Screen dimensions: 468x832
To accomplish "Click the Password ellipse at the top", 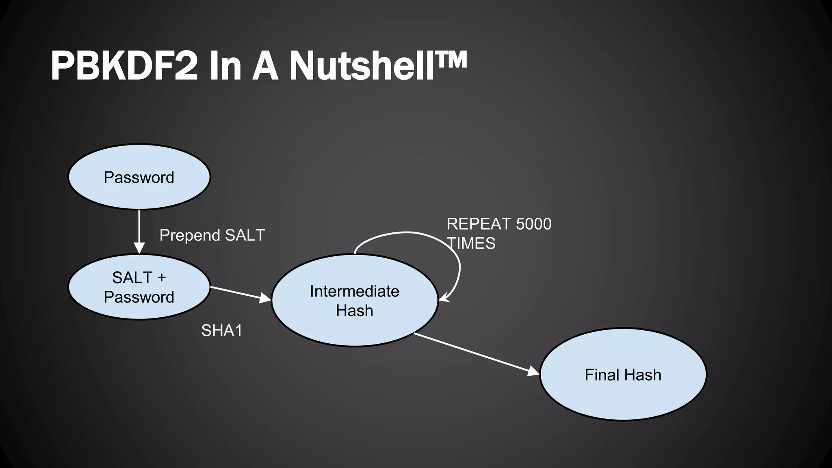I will [x=139, y=177].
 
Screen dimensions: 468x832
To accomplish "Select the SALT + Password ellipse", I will [x=139, y=287].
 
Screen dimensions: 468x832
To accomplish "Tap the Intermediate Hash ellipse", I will [x=354, y=301].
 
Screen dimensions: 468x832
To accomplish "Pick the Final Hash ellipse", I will [x=623, y=375].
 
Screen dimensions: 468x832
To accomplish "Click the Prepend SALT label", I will [x=212, y=235].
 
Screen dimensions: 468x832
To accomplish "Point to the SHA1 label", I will [x=222, y=331].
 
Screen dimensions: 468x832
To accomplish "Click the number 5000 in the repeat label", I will [x=534, y=224].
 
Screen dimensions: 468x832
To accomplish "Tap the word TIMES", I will [x=472, y=244].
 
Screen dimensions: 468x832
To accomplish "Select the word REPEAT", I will [x=479, y=224].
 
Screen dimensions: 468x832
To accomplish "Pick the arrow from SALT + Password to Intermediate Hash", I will [x=240, y=293].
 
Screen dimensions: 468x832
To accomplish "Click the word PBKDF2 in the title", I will [x=124, y=66].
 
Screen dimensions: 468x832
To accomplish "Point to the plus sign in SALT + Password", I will [x=161, y=278].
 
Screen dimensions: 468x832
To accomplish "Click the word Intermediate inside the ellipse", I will [x=354, y=291].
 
